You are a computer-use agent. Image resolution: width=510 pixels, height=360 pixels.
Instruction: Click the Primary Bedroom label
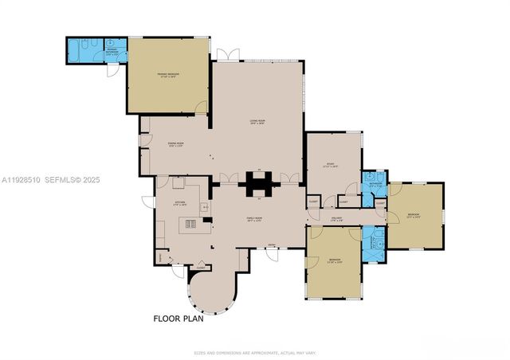168,76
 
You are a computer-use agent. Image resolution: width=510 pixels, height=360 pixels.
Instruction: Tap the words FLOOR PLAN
178,319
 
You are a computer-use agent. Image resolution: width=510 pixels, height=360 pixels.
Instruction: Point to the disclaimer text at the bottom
254,352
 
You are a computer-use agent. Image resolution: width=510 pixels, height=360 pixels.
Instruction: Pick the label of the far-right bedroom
413,215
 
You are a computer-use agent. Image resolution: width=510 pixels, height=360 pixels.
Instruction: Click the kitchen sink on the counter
205,209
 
